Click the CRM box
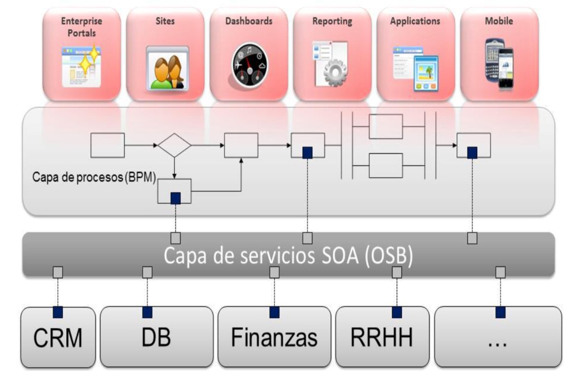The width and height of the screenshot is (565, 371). [58, 338]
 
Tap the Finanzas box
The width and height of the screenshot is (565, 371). [274, 338]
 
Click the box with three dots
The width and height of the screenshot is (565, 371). [500, 338]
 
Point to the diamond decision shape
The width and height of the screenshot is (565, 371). [174, 145]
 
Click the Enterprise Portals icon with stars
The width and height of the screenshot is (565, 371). [81, 66]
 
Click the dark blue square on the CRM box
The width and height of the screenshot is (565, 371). [58, 312]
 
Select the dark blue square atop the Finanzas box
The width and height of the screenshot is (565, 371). [274, 312]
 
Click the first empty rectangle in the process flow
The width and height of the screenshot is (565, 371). [108, 145]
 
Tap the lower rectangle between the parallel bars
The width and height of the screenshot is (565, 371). [386, 165]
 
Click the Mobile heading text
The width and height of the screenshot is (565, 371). [499, 21]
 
